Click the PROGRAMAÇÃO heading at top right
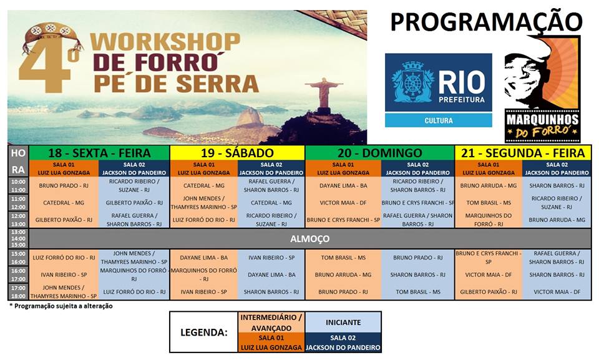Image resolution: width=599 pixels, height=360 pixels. coord(486,21)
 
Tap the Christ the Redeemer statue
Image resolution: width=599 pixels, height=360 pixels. coord(324,93)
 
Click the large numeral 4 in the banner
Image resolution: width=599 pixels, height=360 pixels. coord(46,65)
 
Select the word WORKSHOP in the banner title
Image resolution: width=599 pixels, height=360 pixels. coord(165,42)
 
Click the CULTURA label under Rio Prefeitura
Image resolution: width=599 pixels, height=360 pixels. coord(438,120)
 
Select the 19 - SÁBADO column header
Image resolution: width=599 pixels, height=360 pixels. coord(237,153)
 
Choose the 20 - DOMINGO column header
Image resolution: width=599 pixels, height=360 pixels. coord(380,153)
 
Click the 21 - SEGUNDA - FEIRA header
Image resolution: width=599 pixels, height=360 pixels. coord(523,153)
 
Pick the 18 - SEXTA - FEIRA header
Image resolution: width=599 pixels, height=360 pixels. coord(99,153)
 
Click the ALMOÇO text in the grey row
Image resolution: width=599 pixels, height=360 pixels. coord(310,239)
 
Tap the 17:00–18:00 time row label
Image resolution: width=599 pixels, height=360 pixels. coord(18,292)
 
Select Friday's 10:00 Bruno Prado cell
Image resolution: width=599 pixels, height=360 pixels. coord(64,186)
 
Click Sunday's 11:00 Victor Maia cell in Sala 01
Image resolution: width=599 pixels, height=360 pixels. coord(343,203)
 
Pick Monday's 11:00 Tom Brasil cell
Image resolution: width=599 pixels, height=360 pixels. coord(489,203)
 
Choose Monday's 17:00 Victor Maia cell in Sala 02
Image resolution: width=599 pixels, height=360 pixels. coord(557,291)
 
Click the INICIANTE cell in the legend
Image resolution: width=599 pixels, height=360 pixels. coord(343,323)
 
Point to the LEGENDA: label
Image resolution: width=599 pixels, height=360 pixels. coord(203,332)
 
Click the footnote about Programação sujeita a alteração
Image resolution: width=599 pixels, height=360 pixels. coord(61,306)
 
